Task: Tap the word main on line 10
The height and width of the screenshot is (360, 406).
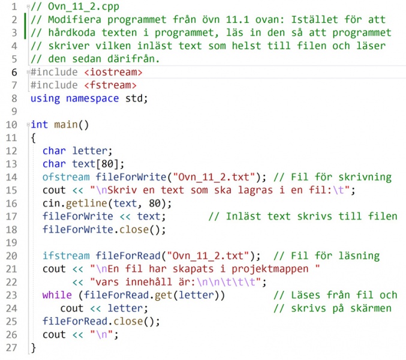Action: [x=65, y=125]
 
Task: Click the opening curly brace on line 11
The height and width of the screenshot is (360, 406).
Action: [x=34, y=138]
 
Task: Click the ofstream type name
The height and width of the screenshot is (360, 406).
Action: [x=66, y=177]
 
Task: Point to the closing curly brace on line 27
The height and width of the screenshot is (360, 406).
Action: [x=34, y=347]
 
